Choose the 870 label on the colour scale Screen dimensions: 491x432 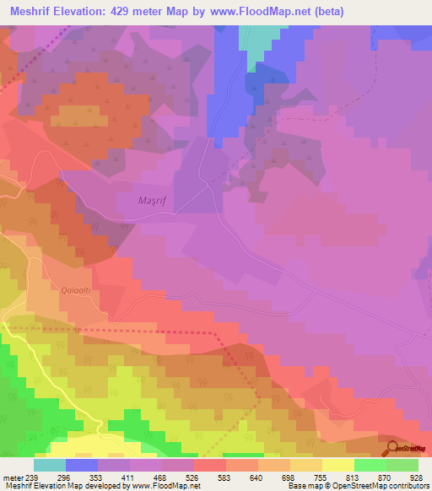click(x=386, y=477)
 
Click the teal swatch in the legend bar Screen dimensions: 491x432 click(x=50, y=465)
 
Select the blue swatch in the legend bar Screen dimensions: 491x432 click(x=82, y=465)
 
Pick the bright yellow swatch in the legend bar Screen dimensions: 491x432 click(x=337, y=465)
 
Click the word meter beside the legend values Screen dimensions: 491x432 click(x=13, y=477)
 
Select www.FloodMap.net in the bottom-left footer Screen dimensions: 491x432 click(x=165, y=487)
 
